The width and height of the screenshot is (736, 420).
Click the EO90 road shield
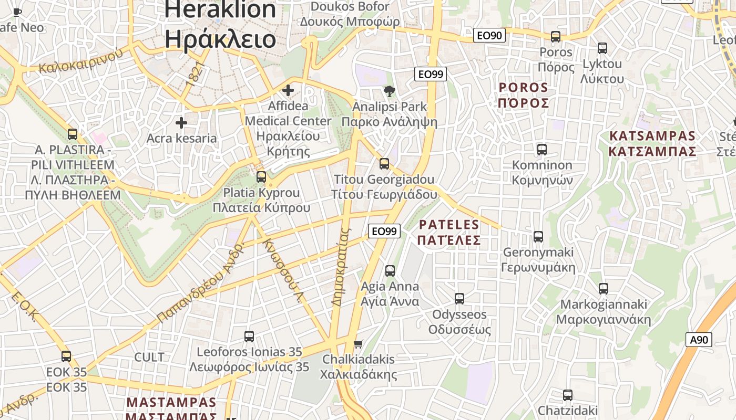point(489,35)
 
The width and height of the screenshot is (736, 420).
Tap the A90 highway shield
point(699,340)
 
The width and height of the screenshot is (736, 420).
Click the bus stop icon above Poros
point(556,37)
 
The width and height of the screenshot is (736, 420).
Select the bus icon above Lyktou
point(602,48)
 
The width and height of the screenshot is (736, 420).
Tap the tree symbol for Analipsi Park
point(390,91)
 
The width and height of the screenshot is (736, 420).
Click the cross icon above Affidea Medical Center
point(288,90)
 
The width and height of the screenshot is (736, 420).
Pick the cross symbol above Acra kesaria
point(181,123)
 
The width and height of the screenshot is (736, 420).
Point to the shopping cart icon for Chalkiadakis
point(358,344)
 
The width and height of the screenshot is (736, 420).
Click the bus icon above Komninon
point(542,150)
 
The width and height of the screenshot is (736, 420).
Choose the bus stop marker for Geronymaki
point(538,237)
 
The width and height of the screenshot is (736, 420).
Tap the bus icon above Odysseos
point(459,299)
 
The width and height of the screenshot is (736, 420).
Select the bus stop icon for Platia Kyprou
point(261,177)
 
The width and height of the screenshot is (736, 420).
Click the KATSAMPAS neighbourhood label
point(652,144)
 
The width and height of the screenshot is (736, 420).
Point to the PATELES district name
point(449,233)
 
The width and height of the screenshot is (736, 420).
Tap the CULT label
point(149,358)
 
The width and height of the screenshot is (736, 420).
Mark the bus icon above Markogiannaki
point(604,289)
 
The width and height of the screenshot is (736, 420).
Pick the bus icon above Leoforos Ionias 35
point(249,337)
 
